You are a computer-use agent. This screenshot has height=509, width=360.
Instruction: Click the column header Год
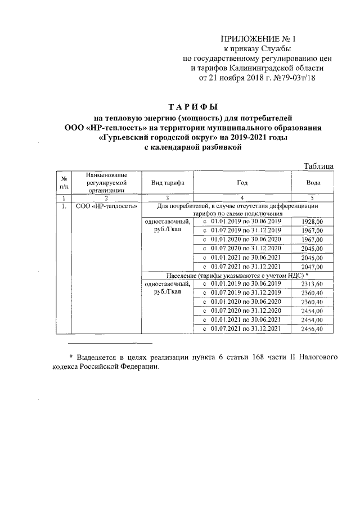click(242, 183)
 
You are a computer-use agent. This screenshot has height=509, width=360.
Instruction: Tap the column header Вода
click(313, 183)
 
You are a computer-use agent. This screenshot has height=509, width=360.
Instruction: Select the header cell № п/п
click(64, 182)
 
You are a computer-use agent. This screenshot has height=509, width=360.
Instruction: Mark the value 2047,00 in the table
click(312, 267)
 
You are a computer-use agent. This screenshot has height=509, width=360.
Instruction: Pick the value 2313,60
click(312, 285)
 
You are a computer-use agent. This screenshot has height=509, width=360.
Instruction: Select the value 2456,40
click(312, 329)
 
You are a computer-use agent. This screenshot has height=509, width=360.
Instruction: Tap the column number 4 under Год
click(242, 197)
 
